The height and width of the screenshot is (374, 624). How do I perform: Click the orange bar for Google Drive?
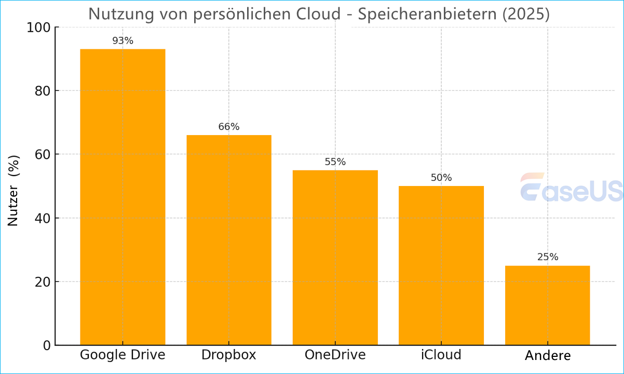coord(123,197)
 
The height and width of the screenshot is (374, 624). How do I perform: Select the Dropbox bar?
coord(229,240)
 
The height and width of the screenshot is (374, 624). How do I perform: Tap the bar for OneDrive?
coord(335,257)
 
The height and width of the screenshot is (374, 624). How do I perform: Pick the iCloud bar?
coord(441,265)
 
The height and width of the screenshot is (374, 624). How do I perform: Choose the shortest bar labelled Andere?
coord(547,305)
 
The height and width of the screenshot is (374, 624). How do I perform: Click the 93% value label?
coord(123,41)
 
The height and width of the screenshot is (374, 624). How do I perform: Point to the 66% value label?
coord(229,127)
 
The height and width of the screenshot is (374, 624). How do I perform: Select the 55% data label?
coord(335,162)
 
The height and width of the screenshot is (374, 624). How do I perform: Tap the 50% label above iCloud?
coord(441,178)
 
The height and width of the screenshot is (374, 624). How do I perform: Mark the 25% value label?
coord(547,257)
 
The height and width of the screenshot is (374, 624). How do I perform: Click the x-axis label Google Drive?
coord(123,355)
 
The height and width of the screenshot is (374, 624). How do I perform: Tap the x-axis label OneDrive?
coord(335,355)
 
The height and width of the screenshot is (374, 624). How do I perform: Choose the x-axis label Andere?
coord(547,356)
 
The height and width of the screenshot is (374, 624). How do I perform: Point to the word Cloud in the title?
coord(319,14)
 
